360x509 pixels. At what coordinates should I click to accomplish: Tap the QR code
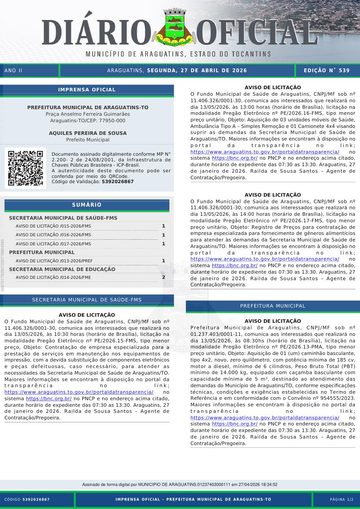(25, 168)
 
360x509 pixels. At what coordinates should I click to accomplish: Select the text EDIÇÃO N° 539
(326, 70)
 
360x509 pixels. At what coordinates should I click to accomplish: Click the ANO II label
(13, 70)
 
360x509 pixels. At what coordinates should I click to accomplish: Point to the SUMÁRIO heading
(87, 205)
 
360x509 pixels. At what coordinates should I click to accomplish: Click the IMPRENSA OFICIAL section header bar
(87, 90)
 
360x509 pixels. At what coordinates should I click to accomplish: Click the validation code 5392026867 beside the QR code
(118, 181)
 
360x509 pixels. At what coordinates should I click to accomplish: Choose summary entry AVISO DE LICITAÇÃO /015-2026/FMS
(53, 226)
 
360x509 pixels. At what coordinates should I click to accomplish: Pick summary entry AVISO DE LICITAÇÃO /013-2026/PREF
(54, 261)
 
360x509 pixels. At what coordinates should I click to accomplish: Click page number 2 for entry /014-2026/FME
(163, 277)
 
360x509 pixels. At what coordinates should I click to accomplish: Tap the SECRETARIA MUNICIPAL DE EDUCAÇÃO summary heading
(62, 269)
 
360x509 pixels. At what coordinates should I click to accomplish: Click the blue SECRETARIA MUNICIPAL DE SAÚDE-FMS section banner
(87, 300)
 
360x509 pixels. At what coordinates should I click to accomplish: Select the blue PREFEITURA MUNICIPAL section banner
(273, 306)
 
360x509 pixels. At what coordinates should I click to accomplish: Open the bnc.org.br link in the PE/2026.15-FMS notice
(49, 398)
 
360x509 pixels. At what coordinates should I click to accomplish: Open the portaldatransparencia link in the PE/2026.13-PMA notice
(265, 418)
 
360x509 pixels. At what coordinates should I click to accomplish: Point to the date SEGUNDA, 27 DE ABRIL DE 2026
(197, 70)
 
